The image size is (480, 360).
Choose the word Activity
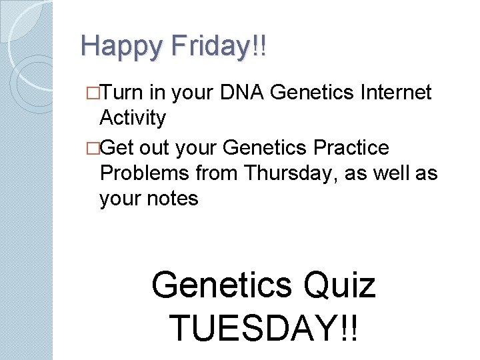point(132,118)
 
